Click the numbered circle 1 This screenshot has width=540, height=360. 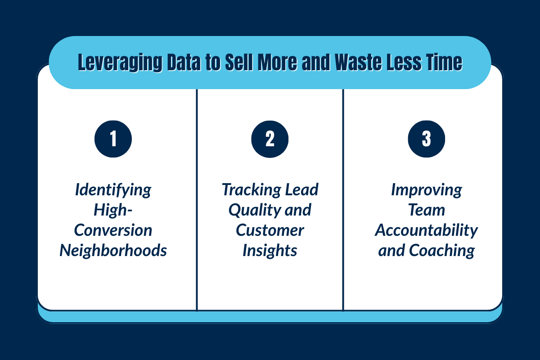pos(113,139)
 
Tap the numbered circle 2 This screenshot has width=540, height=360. pos(270,139)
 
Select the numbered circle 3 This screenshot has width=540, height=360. pos(426,139)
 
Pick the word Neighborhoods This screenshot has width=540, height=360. pos(113,251)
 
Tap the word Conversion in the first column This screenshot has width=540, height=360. pos(113,230)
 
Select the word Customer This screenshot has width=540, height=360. pos(270,230)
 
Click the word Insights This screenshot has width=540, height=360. pos(270,251)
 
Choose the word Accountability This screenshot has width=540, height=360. pos(426,230)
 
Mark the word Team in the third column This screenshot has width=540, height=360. pos(426,210)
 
